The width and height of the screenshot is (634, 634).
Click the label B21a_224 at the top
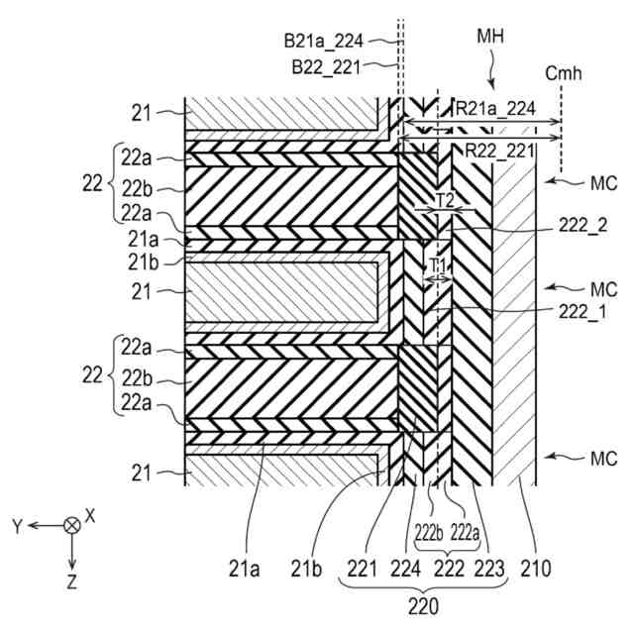click(x=323, y=42)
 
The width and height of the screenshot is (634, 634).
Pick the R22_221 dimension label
click(x=492, y=152)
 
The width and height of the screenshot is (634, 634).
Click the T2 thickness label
click(x=446, y=200)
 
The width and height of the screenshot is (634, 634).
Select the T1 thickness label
click(x=437, y=265)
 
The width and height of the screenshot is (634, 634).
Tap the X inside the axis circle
click(x=71, y=525)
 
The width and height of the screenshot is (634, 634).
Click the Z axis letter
click(x=71, y=582)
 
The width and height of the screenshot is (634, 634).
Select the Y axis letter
click(x=16, y=526)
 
